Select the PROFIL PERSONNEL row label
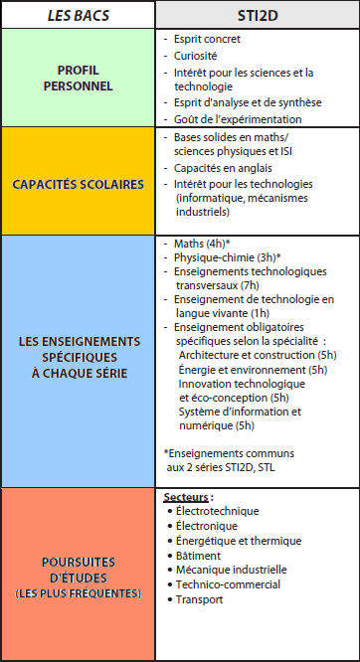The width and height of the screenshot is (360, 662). (78, 79)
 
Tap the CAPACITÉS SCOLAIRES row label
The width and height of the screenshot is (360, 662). (78, 184)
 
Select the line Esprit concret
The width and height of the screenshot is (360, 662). (207, 39)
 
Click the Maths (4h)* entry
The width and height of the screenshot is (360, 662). (202, 243)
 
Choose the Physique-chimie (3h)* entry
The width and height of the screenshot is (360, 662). (227, 256)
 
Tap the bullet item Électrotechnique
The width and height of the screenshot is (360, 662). (216, 511)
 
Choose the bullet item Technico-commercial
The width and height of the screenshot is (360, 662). (228, 584)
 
